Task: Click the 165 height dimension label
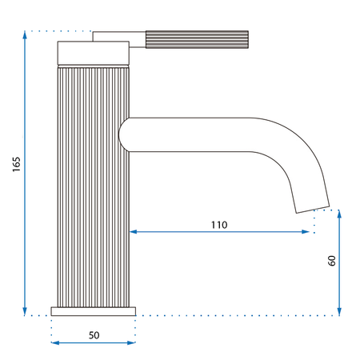16,164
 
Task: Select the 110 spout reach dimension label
219,225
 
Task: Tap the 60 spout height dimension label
332,261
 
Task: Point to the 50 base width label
94,335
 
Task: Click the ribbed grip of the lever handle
197,39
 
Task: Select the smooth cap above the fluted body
94,53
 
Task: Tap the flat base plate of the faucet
94,311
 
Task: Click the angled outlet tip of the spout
313,210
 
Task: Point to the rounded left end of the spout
123,134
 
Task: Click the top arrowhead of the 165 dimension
25,34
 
